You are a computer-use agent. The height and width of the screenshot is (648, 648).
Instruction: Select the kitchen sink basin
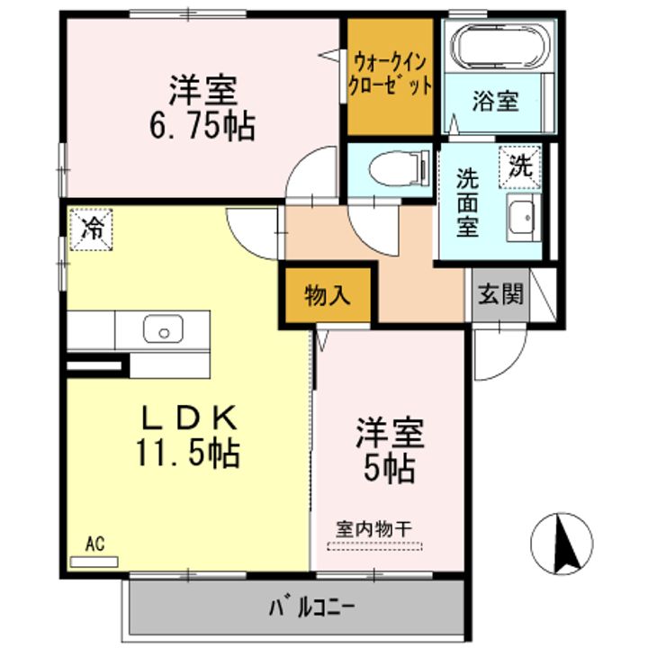pyautogui.click(x=163, y=329)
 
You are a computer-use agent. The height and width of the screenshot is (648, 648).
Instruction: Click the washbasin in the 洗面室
pyautogui.click(x=521, y=216)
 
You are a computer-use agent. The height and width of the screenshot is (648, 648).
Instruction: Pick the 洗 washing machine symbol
pyautogui.click(x=519, y=165)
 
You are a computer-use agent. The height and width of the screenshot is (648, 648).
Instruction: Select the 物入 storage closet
pyautogui.click(x=326, y=295)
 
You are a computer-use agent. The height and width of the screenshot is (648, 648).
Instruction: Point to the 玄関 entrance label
pyautogui.click(x=499, y=295)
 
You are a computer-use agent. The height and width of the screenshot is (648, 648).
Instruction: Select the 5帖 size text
pyautogui.click(x=388, y=467)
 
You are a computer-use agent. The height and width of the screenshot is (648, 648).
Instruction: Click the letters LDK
pyautogui.click(x=190, y=418)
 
